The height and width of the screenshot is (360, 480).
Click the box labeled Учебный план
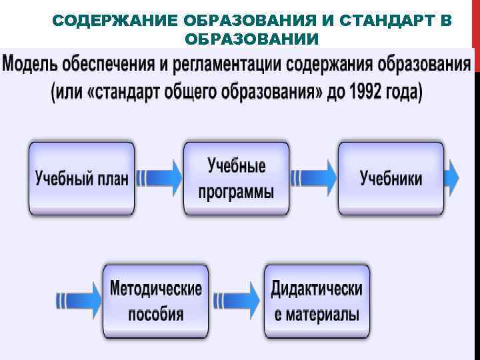point(81,178)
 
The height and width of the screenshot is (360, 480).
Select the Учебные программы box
point(236,178)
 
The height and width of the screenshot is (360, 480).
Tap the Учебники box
point(391,178)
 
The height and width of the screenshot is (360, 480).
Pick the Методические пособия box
point(155,301)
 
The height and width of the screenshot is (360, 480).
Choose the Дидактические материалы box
point(317,301)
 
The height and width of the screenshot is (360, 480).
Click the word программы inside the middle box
point(236,192)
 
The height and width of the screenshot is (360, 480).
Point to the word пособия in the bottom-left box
point(155,314)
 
